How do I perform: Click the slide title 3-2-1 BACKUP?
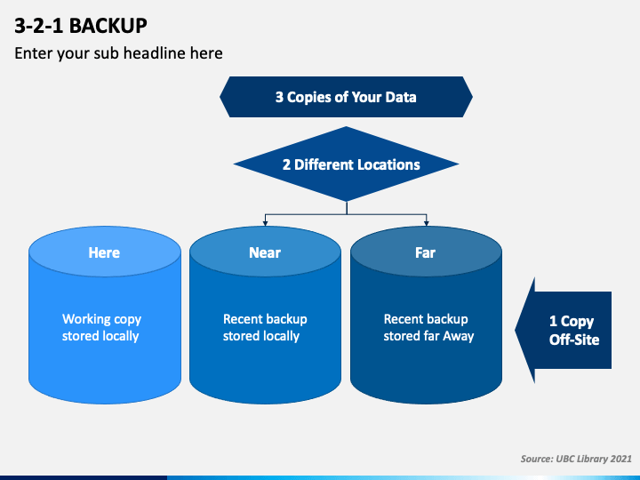point(81,26)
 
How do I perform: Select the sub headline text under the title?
point(118,53)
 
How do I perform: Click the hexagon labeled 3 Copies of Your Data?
point(346,97)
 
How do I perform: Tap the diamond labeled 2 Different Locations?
point(346,164)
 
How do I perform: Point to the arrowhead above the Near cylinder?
point(265,223)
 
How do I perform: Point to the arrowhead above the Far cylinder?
point(427,223)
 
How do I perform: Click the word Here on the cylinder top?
point(104,252)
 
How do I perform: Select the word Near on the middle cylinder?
point(265,252)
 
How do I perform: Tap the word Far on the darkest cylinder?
point(425,252)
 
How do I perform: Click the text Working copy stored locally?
point(101,327)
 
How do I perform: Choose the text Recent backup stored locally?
point(265,327)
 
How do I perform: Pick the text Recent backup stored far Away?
point(428,327)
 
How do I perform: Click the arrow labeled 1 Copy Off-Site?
point(564,330)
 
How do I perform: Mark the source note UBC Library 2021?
point(576,459)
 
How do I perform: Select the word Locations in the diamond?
point(388,164)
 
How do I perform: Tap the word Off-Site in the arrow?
point(574,340)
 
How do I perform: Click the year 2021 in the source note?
point(620,459)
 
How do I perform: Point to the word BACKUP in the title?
point(108,26)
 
